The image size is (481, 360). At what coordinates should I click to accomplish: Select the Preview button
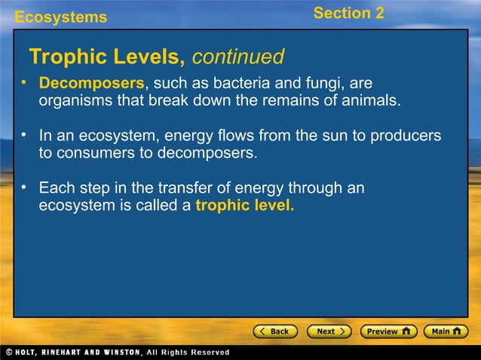click(388, 331)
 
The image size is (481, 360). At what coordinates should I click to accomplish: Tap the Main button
click(446, 331)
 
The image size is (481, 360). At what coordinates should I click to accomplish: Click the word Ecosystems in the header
click(61, 17)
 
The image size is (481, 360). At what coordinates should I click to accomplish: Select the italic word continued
click(239, 56)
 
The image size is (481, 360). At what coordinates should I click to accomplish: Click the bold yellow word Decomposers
click(91, 81)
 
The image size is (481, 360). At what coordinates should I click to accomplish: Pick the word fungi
click(302, 81)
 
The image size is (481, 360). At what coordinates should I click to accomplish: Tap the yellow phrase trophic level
click(245, 205)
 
